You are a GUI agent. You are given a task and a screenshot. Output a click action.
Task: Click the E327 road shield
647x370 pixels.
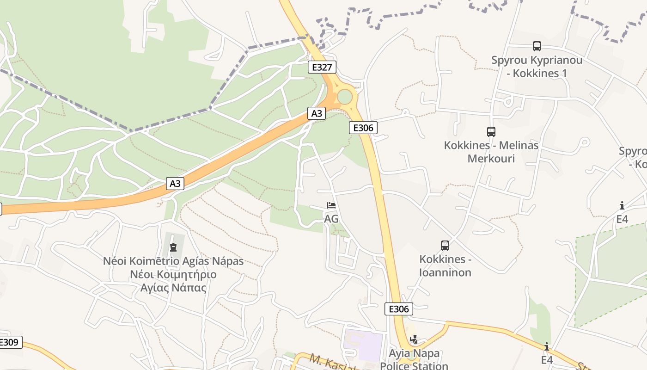point(322,67)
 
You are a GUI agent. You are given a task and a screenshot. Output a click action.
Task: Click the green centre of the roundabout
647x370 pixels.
point(345,97)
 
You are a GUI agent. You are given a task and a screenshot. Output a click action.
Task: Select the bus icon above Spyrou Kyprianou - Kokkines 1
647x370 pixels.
point(537,46)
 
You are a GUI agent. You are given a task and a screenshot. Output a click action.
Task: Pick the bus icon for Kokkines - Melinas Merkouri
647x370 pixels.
point(491,132)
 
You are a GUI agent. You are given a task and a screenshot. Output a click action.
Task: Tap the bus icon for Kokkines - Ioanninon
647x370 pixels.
point(445,246)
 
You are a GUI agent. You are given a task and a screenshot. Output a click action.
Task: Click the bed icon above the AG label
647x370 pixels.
point(331,205)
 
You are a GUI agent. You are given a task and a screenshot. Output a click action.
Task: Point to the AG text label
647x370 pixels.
point(331,219)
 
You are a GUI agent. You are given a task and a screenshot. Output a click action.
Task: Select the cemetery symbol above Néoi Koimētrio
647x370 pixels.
point(173,247)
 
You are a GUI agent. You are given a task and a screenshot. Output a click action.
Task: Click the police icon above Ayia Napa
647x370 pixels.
point(414,339)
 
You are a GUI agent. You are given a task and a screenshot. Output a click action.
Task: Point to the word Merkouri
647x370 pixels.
point(491,158)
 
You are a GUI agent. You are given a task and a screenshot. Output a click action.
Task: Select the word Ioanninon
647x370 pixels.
point(445,272)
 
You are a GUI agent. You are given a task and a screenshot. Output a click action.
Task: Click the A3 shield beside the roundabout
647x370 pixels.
point(317,113)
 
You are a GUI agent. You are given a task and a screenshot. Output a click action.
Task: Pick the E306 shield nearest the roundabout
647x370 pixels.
point(363,128)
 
